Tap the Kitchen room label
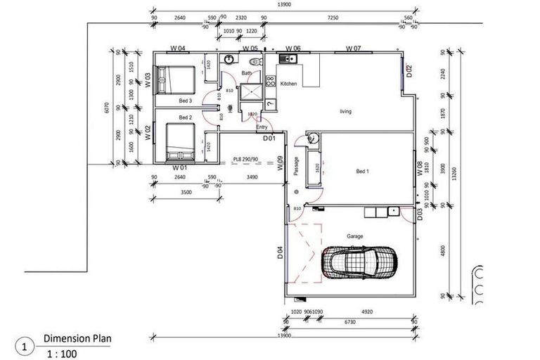[289, 84]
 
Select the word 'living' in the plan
[345, 111]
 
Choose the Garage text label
[354, 236]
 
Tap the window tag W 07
[353, 49]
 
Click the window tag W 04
[178, 49]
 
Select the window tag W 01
[180, 168]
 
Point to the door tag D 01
[269, 139]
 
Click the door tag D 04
[280, 252]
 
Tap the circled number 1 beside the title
[26, 347]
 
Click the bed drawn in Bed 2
[179, 141]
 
